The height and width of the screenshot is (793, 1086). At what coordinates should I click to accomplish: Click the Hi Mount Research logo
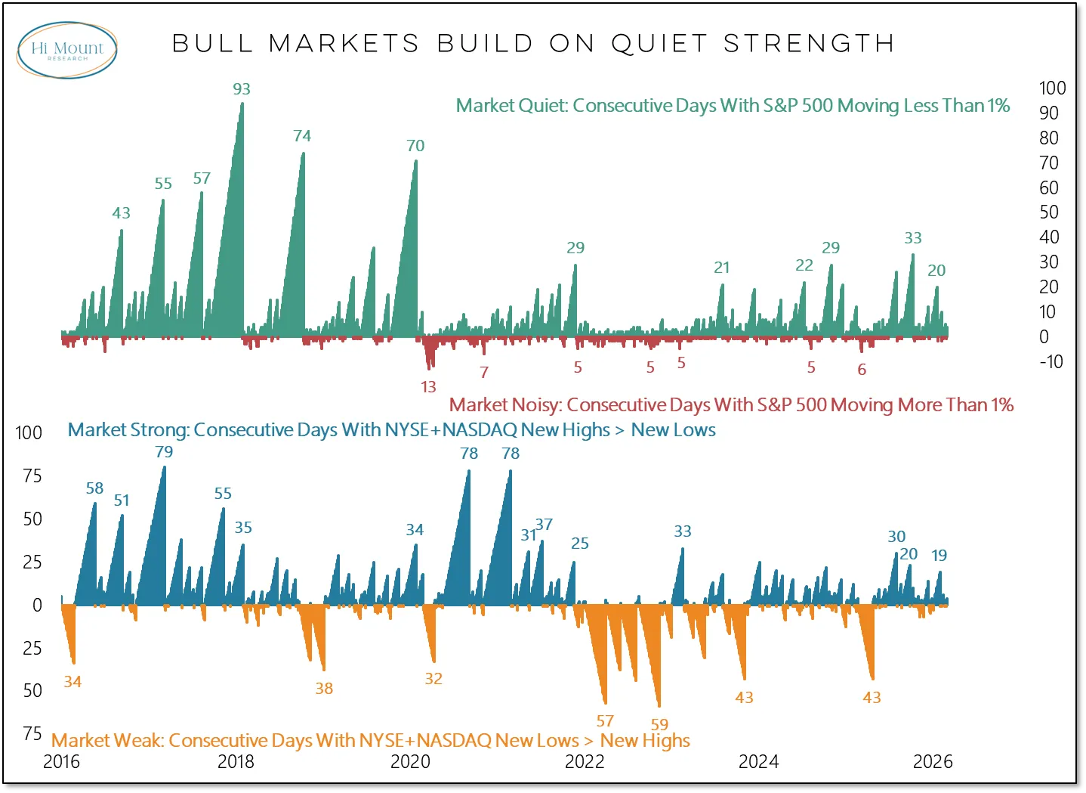pyautogui.click(x=66, y=50)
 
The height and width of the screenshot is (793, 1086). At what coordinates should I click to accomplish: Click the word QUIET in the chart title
pyautogui.click(x=659, y=44)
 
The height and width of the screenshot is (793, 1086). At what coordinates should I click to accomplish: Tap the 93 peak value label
pyautogui.click(x=242, y=89)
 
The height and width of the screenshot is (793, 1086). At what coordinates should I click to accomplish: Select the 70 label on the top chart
pyautogui.click(x=415, y=146)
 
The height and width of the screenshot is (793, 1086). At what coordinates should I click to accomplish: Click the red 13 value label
pyautogui.click(x=428, y=387)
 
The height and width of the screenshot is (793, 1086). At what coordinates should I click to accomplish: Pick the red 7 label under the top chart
pyautogui.click(x=484, y=372)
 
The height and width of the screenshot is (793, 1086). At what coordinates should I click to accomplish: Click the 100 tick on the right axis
pyautogui.click(x=1052, y=88)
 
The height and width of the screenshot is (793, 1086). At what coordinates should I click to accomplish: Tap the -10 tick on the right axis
pyautogui.click(x=1051, y=362)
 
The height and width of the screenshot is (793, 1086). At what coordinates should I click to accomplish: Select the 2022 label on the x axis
pyautogui.click(x=585, y=762)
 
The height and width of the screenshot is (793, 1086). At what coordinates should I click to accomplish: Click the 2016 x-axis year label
pyautogui.click(x=61, y=762)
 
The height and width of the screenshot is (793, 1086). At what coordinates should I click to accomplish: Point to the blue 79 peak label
pyautogui.click(x=164, y=452)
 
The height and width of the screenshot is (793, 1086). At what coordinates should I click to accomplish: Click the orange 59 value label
pyautogui.click(x=659, y=724)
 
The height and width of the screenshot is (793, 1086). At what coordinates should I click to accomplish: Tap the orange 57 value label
pyautogui.click(x=605, y=721)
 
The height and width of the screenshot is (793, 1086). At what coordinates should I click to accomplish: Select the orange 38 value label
pyautogui.click(x=324, y=689)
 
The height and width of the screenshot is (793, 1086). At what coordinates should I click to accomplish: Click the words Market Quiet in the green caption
pyautogui.click(x=511, y=106)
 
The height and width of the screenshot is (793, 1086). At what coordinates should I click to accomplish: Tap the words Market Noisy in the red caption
pyautogui.click(x=505, y=405)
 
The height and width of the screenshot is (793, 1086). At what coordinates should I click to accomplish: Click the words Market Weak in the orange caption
pyautogui.click(x=106, y=741)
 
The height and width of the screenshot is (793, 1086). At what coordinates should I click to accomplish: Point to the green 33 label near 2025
pyautogui.click(x=913, y=238)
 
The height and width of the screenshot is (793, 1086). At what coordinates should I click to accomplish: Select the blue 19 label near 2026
pyautogui.click(x=939, y=556)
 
